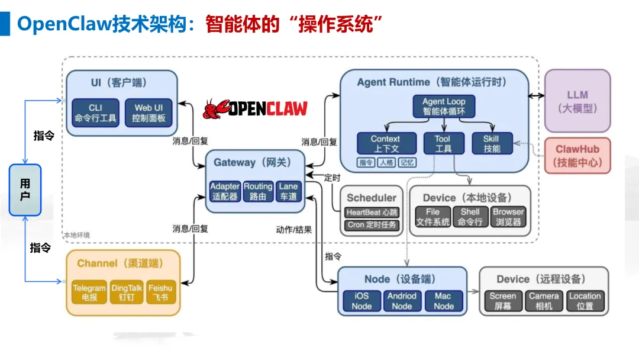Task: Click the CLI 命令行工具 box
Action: click(x=95, y=112)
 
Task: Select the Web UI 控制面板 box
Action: click(x=149, y=112)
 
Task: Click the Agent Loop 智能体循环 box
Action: click(x=443, y=106)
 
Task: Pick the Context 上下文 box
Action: click(x=385, y=143)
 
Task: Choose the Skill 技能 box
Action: click(x=492, y=143)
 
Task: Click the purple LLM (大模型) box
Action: click(x=577, y=101)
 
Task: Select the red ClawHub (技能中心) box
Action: click(x=577, y=155)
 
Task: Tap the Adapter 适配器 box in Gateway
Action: click(x=225, y=191)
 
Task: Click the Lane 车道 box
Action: click(x=288, y=191)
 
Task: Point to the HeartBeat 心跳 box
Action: click(x=372, y=212)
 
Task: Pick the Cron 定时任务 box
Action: click(x=372, y=225)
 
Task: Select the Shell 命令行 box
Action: click(x=470, y=217)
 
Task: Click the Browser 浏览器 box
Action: click(x=508, y=217)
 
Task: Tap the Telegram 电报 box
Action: click(x=89, y=293)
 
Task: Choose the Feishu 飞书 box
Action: click(x=162, y=293)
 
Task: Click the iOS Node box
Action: click(x=362, y=301)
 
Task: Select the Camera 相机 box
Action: click(x=544, y=301)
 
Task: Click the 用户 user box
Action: click(x=25, y=190)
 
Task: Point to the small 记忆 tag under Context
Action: click(x=407, y=162)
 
